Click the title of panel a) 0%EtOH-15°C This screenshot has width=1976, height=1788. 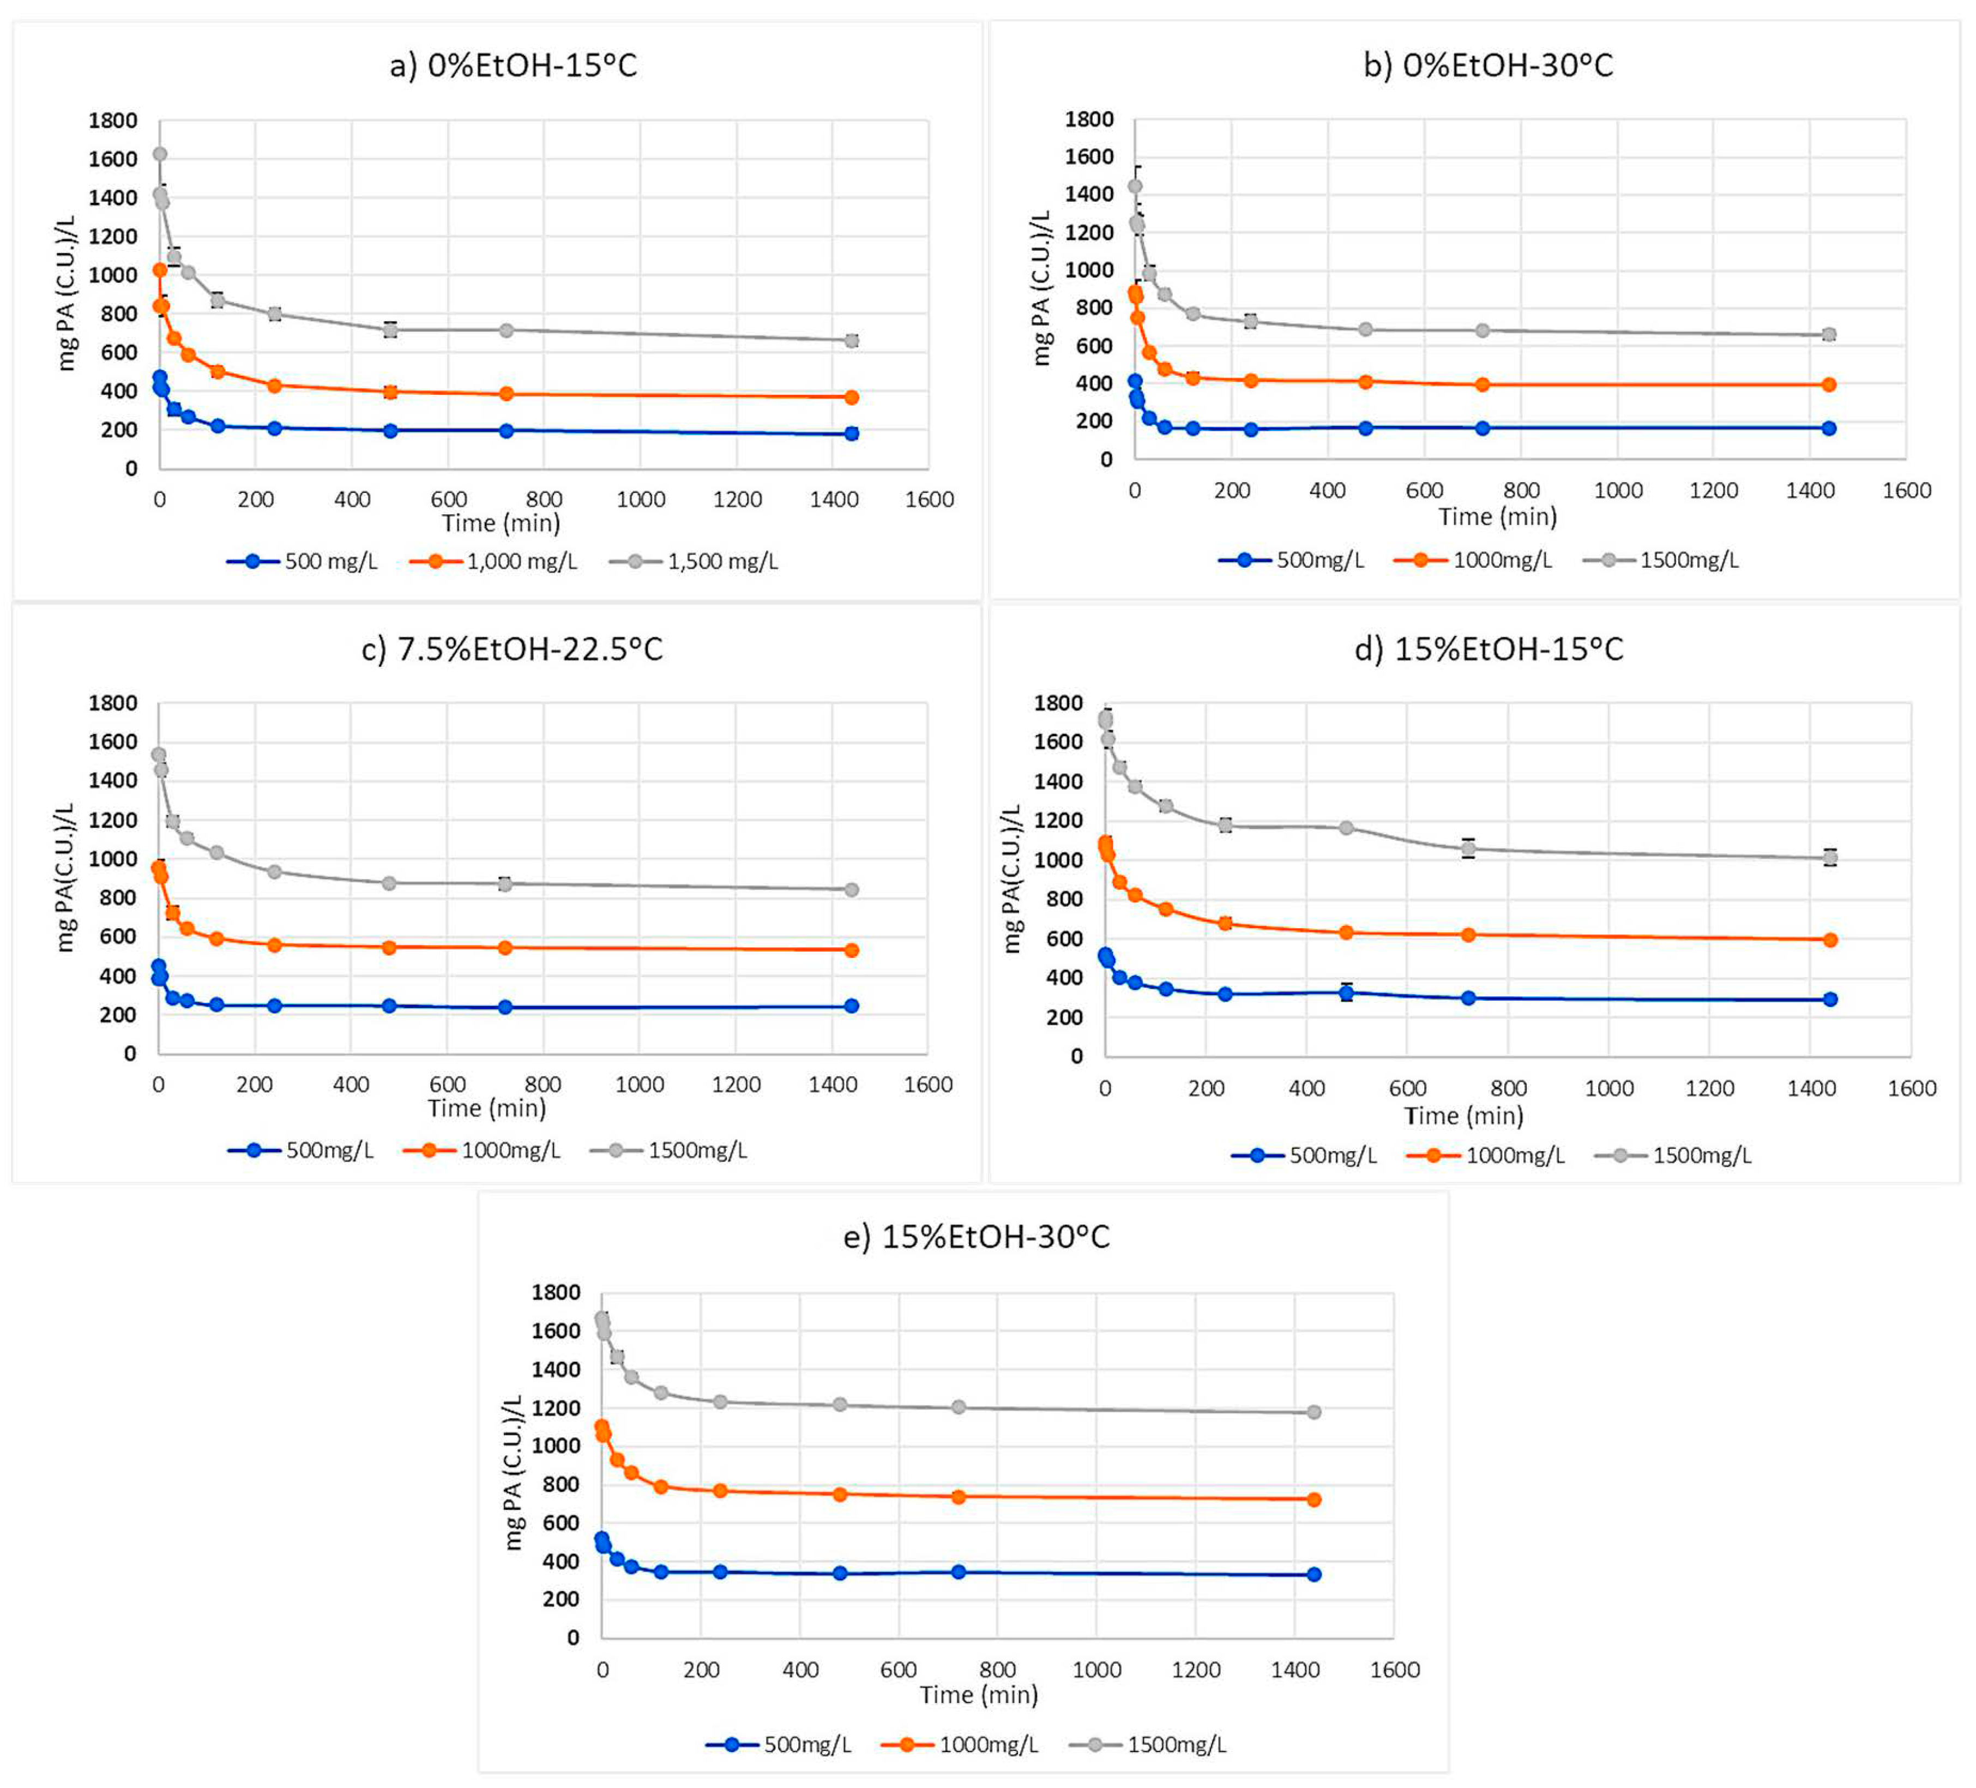tap(514, 65)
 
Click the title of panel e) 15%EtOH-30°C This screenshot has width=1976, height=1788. tap(976, 1237)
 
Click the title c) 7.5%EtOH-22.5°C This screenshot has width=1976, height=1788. tap(511, 649)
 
